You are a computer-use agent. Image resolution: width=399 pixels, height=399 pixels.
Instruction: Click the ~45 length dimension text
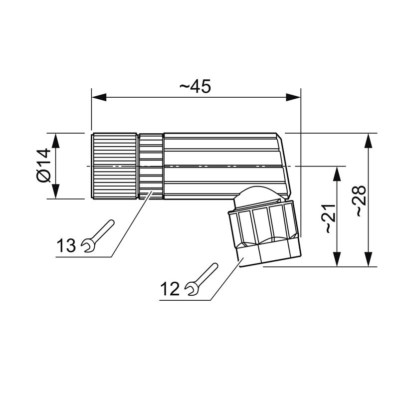tap(195, 86)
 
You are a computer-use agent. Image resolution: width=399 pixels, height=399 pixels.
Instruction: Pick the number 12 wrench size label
tap(171, 289)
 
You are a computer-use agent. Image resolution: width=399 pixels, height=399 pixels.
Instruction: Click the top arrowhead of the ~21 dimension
tap(338, 174)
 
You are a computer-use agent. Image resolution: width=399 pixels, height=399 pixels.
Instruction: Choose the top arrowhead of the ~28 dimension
tap(369, 141)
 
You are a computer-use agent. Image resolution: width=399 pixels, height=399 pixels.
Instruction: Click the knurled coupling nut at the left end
tap(114, 166)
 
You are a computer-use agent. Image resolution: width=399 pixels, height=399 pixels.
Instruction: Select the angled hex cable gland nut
tap(264, 232)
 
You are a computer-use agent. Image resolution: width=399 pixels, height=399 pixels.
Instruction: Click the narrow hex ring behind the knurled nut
tap(151, 166)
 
